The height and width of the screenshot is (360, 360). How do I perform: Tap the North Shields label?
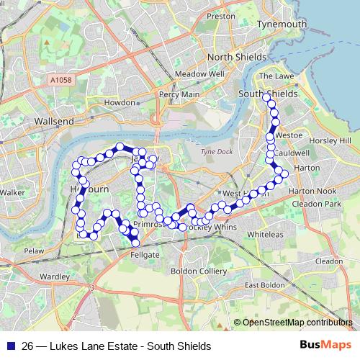pos(236,58)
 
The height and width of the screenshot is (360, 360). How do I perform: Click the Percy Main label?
pos(180,94)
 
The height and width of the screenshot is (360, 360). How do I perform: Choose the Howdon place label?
pos(119,103)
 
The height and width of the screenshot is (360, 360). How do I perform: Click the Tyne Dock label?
pos(214,152)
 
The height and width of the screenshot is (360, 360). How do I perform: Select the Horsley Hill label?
pos(335,140)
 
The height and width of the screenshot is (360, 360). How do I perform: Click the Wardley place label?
pos(55,276)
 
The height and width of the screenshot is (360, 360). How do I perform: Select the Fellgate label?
pos(144,254)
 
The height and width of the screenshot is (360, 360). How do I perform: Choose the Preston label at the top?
pos(221,15)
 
